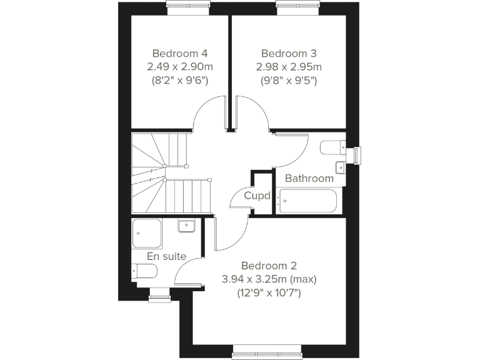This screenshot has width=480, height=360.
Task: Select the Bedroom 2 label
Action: (271, 264)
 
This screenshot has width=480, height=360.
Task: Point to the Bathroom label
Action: (309, 179)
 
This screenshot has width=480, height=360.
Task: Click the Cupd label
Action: (257, 196)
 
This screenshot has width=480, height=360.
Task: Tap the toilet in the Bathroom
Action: (331, 147)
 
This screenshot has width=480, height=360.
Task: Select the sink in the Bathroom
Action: (339, 167)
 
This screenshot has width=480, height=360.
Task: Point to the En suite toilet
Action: (144, 271)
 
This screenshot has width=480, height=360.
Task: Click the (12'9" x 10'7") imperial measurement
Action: (270, 292)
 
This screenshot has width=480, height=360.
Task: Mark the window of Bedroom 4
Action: (187, 7)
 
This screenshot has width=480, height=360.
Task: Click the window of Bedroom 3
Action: (298, 7)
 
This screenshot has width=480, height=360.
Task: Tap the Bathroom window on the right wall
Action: (357, 155)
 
